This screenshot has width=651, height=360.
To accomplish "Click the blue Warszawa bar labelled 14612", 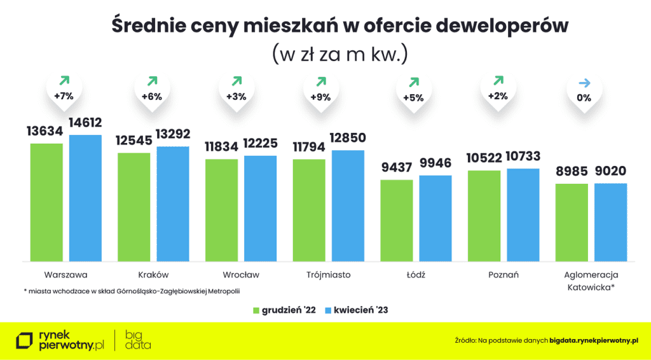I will tap(85, 198).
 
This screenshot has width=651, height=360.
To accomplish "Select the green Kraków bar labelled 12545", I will tap(134, 207).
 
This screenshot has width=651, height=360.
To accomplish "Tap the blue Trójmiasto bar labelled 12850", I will tap(348, 205).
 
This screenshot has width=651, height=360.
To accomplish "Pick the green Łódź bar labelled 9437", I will tap(397, 220).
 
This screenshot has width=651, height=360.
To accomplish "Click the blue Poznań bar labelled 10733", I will tap(523, 214).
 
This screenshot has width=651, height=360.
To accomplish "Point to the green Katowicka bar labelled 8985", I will tap(572, 222).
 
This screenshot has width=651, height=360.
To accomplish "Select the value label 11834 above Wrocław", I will tap(221, 147).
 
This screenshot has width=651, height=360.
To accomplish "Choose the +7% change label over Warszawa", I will tap(64, 97).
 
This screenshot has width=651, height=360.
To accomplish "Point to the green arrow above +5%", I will tap(413, 82).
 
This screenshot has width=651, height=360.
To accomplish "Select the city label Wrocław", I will tap(241, 275).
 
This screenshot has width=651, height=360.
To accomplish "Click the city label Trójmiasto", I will tap(328, 275).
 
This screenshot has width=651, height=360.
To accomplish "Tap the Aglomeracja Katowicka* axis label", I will tap(591, 280).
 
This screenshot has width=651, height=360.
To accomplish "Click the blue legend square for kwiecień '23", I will tap(328, 310).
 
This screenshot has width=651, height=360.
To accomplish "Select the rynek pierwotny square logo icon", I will tap(25, 341).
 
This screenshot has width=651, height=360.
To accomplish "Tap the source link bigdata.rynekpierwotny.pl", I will tap(594, 341).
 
